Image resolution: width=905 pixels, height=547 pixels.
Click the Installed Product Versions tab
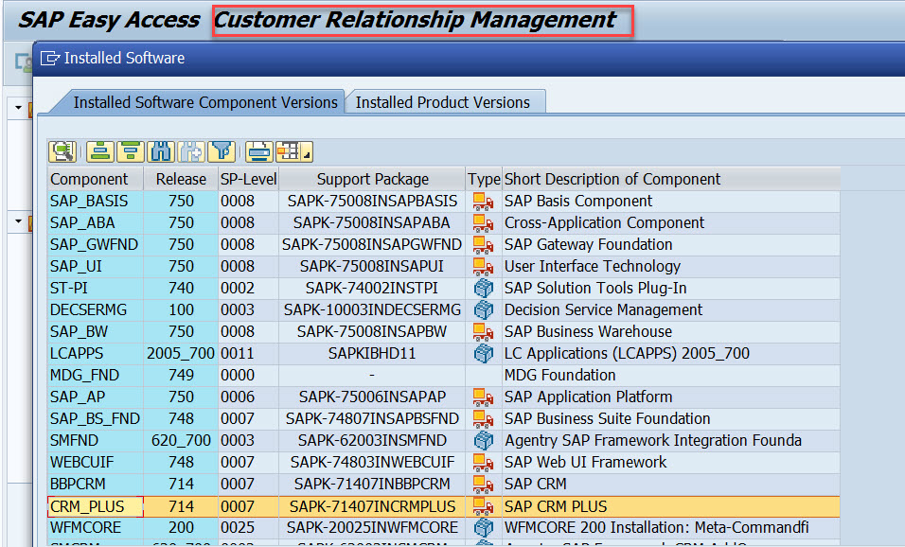442,102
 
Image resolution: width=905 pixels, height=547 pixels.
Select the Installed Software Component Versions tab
205,102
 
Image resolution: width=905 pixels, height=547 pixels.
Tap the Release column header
181,179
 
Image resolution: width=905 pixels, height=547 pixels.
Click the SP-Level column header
247,179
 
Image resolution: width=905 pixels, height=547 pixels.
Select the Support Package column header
372,179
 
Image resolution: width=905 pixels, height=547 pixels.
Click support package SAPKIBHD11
372,353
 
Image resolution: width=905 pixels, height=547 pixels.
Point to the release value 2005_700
181,353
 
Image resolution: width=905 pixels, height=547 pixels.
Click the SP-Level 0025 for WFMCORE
238,527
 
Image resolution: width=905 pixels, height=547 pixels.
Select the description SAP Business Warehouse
588,331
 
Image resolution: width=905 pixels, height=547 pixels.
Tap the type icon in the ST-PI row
484,288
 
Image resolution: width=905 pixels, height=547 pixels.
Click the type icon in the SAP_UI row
484,266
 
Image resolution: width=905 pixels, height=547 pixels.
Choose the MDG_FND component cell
84,375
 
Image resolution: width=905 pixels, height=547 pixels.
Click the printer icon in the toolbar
258,151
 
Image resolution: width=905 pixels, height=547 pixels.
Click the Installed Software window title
124,59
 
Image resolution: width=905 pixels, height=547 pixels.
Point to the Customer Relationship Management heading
415,20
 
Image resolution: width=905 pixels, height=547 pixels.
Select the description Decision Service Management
603,309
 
